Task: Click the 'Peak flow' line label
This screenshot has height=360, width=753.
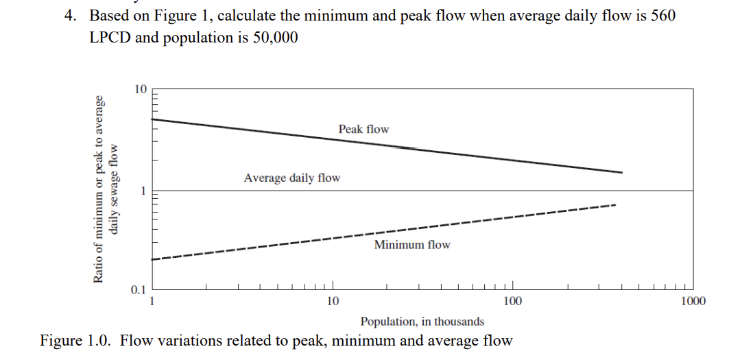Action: click(363, 129)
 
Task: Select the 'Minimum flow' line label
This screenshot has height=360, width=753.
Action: click(411, 245)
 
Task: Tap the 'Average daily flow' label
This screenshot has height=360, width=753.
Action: click(291, 178)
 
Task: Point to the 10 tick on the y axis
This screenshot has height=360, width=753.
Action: click(140, 89)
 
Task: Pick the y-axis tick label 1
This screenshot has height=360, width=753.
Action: click(143, 191)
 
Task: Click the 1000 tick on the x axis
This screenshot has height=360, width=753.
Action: click(693, 301)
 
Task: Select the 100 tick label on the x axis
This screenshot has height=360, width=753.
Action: click(512, 301)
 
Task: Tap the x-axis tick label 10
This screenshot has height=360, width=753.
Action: click(333, 301)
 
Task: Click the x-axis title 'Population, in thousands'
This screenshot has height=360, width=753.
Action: click(422, 321)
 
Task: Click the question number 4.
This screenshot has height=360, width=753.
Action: click(70, 16)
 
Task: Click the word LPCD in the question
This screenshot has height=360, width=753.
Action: click(110, 38)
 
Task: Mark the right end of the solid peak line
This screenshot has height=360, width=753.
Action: click(622, 172)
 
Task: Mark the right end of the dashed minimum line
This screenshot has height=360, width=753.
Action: click(615, 205)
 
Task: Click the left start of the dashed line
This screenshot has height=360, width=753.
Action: click(154, 259)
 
